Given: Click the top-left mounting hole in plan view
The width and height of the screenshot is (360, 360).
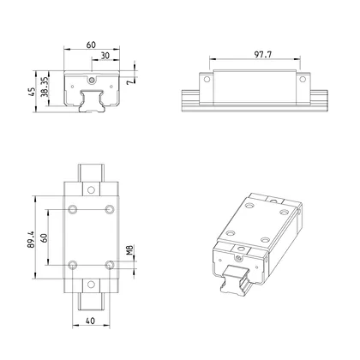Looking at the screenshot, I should (72, 210).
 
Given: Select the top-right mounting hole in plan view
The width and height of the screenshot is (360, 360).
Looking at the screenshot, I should (108, 210).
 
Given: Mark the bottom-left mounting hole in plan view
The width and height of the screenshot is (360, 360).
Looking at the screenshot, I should (72, 264).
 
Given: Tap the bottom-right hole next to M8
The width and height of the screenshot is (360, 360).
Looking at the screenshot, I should (108, 264).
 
